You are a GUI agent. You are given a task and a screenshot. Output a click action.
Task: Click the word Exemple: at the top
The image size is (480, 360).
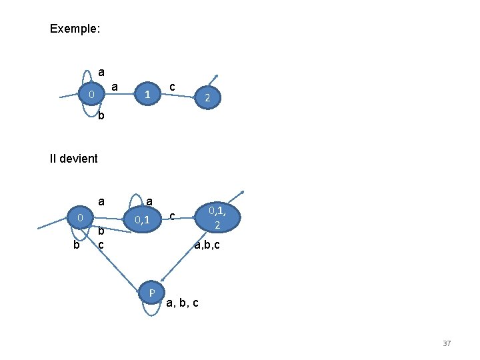tap(75, 29)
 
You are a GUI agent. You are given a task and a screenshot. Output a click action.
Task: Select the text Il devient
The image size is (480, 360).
tap(73, 159)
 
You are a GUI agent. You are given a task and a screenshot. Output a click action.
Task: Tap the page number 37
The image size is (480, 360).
tap(447, 343)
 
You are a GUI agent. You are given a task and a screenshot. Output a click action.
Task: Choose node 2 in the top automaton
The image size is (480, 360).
tap(208, 99)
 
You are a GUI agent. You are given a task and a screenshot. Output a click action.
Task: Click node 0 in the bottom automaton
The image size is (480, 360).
tap(79, 218)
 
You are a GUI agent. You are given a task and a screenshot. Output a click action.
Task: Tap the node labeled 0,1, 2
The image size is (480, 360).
tap(217, 218)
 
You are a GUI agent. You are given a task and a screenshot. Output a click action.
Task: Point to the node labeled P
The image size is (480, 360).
tap(152, 292)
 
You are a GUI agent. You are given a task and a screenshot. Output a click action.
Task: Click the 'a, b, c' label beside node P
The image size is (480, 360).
tap(181, 303)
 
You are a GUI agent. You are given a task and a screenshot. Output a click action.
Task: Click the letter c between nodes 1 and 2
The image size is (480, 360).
tap(173, 87)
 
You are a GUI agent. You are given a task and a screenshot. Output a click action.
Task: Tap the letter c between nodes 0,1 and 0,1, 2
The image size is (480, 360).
tap(172, 216)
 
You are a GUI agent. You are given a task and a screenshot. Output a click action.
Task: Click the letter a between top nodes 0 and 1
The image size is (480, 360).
tap(115, 86)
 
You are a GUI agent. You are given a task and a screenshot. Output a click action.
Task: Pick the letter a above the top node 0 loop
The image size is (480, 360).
tap(101, 71)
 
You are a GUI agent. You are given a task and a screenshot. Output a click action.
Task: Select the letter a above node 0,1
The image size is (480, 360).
tap(149, 201)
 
